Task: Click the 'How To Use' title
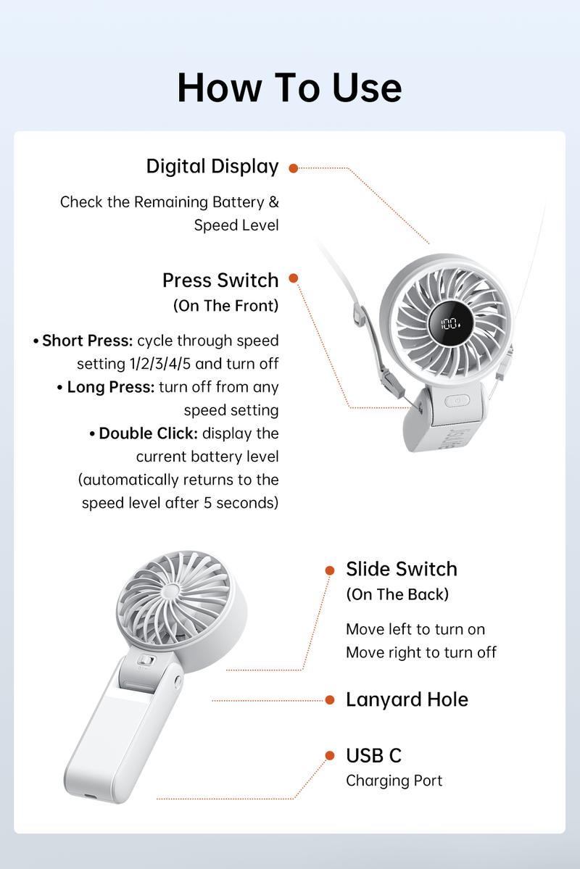coord(289,88)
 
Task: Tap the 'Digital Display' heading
coord(212,167)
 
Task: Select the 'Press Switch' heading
coord(220,280)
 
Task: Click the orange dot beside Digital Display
coord(294,168)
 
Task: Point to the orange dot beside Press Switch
coord(294,278)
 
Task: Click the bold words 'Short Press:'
coord(87,341)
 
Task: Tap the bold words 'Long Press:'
coord(110,387)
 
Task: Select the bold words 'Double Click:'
coord(148,433)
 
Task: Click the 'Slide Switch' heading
coord(402,569)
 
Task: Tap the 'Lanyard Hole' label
coord(407,699)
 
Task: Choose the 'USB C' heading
coord(373,755)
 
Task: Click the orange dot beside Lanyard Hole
coord(330,700)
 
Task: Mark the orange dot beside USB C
coord(330,756)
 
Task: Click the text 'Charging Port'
coord(394,781)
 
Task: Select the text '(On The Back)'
coord(397,594)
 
